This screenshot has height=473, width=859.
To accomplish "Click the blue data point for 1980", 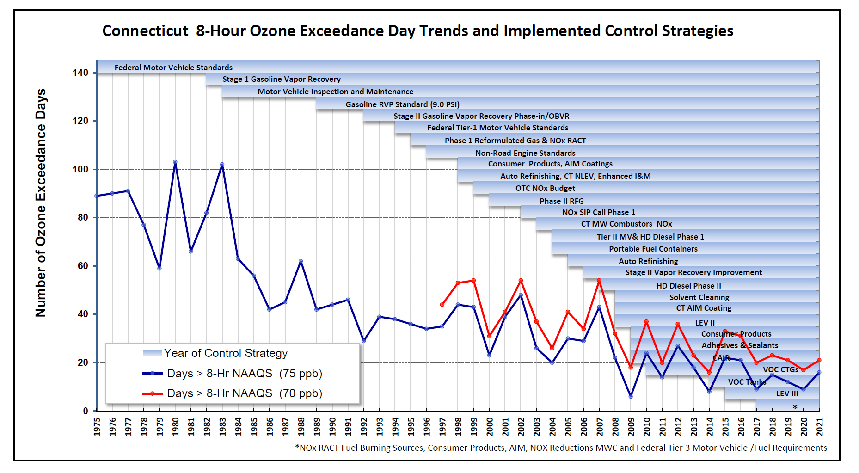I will point(175,162).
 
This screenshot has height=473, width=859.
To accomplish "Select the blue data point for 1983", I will point(222,165).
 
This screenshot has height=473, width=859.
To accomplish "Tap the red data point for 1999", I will point(473,281).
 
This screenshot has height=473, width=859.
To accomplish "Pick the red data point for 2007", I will point(599,281).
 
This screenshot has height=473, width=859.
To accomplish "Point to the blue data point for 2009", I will point(631,396).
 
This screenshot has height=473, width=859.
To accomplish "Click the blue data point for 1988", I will point(301,261).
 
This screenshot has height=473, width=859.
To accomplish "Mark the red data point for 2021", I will point(819,360).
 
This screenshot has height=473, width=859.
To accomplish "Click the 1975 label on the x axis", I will point(97,426).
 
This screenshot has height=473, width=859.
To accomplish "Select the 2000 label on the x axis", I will point(490,426).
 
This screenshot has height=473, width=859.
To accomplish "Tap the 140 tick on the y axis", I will point(80,73).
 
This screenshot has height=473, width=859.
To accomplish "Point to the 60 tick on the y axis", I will point(83,266).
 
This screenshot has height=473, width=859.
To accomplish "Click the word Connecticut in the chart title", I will point(145,31).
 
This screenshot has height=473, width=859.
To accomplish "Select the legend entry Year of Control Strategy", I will point(225,353).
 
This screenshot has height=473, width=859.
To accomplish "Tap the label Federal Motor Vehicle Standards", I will point(173,68).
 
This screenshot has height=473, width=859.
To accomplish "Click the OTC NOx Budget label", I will point(545,188).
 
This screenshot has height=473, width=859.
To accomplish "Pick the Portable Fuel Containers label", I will point(653,249).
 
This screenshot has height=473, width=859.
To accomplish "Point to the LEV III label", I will point(787,393).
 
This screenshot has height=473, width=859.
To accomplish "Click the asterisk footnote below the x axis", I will point(561,448).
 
